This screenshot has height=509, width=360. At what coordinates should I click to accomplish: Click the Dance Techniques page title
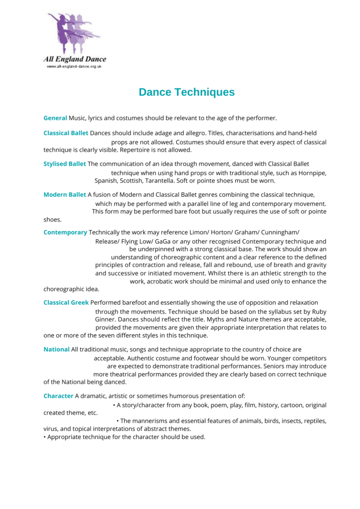186,92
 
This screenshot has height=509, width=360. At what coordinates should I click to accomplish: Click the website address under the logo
74,66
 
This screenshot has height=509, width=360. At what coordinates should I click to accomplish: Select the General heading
55,118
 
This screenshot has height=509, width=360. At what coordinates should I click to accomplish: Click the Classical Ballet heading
66,133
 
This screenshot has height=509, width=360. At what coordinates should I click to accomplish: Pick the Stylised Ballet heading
65,164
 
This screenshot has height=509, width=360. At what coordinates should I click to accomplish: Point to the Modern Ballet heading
65,194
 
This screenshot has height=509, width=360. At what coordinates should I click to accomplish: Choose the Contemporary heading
65,232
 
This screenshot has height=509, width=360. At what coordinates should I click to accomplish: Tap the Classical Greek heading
66,302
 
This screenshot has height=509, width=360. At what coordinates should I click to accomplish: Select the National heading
56,349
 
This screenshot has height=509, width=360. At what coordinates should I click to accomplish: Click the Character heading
58,396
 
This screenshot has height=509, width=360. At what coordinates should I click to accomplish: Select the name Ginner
105,319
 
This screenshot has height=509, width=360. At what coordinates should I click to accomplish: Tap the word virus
51,428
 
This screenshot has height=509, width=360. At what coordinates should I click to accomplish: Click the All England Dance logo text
75,59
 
